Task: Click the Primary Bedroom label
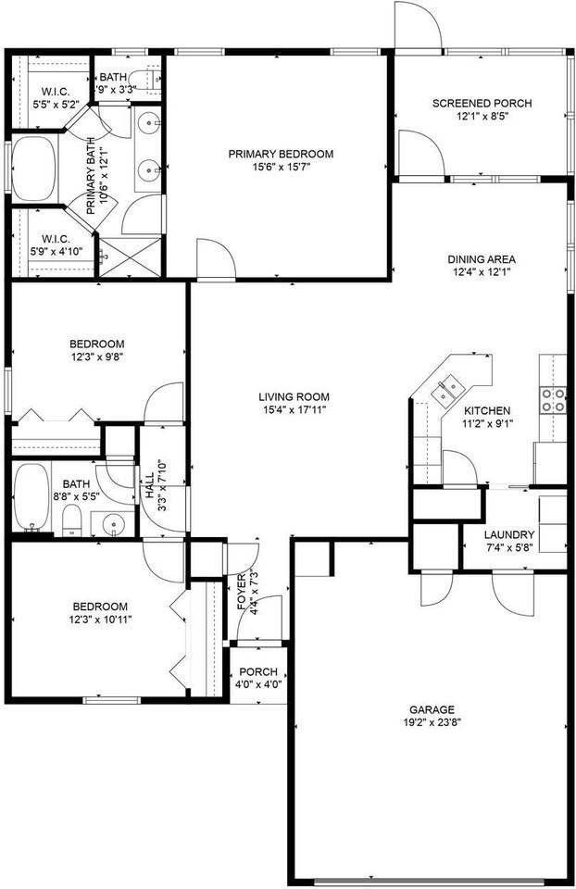tap(281, 154)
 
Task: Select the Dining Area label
tap(482, 259)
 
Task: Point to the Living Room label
tap(294, 396)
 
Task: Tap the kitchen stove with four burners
tap(553, 399)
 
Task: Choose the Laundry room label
tap(509, 534)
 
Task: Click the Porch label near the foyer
tap(258, 671)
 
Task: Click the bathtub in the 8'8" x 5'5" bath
tap(32, 495)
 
